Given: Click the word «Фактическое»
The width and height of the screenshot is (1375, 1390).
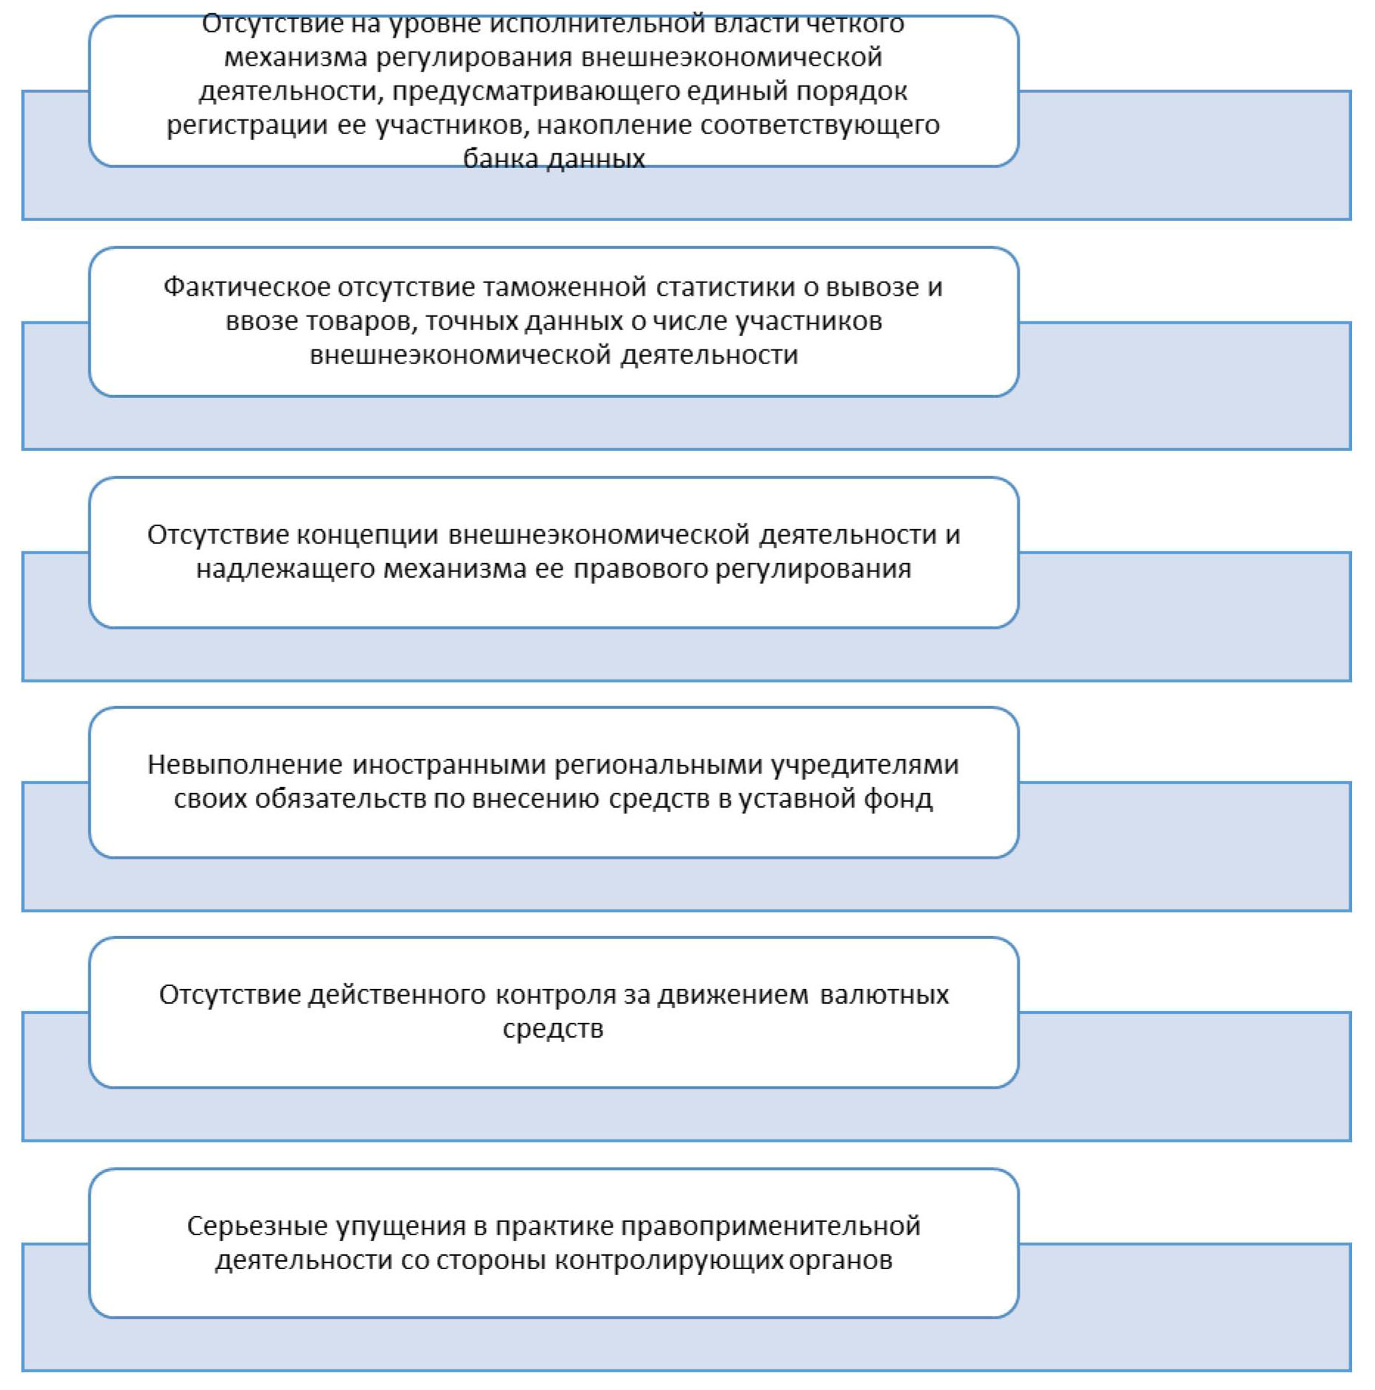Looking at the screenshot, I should [247, 287].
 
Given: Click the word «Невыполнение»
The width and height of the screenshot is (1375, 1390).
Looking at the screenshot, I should [245, 765].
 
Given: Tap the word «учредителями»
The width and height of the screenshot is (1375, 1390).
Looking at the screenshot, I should [865, 765].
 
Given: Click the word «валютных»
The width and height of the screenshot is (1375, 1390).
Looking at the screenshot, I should [884, 995].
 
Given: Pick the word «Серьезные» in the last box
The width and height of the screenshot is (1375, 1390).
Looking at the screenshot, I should [257, 1226].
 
